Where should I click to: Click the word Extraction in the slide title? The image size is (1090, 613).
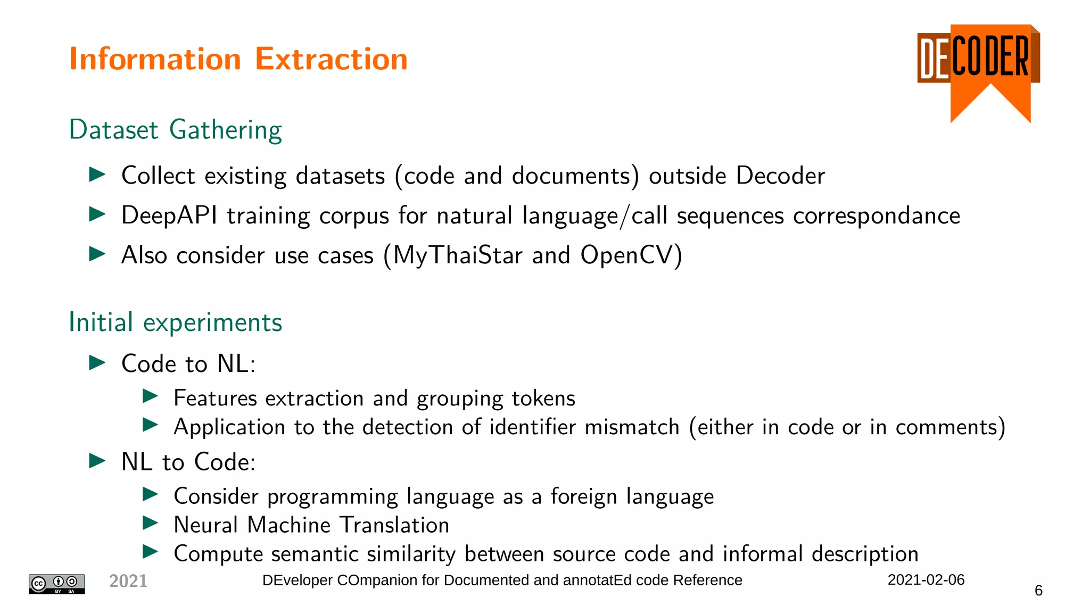point(331,59)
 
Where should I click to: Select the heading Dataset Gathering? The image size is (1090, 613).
point(175,130)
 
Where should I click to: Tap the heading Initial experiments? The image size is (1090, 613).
point(175,322)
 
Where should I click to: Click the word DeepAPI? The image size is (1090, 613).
point(169,216)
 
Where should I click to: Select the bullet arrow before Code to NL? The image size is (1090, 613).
point(97,363)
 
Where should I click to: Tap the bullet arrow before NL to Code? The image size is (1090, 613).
point(97,461)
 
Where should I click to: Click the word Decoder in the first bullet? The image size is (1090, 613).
point(780,176)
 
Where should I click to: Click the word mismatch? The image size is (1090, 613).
point(632,427)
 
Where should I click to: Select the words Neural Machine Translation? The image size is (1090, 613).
point(311,525)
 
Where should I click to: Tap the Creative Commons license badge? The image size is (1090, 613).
point(56,584)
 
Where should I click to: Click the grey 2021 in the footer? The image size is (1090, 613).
point(128,581)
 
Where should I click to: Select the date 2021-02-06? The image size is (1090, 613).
point(926,580)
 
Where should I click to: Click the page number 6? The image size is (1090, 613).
point(1038,591)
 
